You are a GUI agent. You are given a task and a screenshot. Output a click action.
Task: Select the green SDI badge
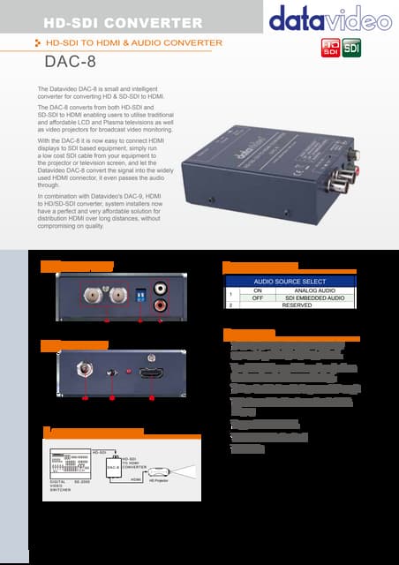[350, 48]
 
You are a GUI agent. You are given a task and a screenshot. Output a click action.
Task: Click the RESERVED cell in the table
[291, 305]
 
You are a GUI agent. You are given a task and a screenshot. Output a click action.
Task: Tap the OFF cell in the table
[259, 298]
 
